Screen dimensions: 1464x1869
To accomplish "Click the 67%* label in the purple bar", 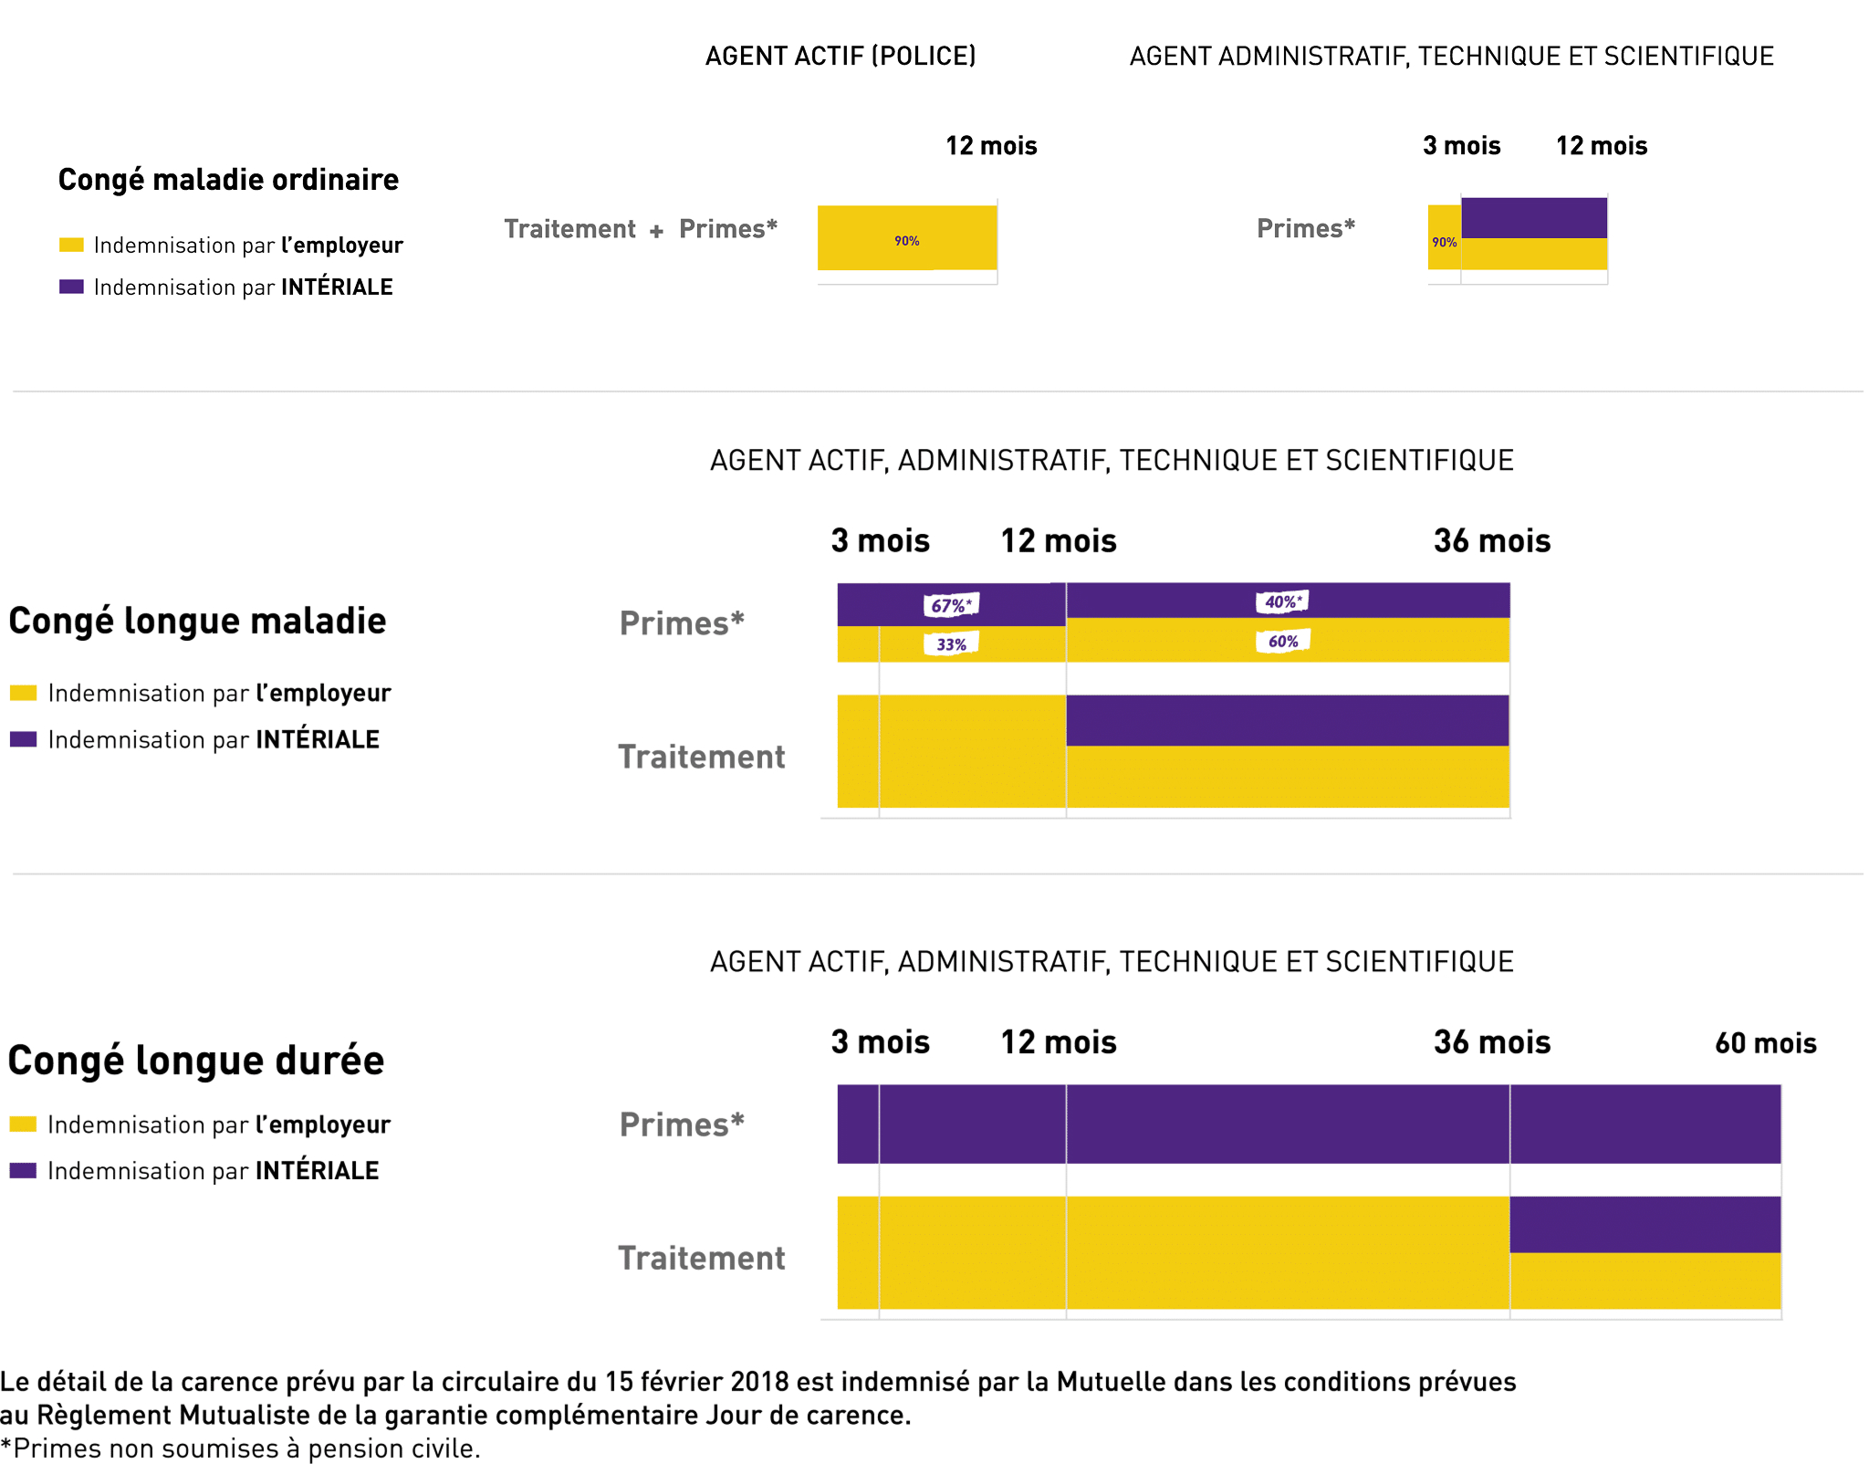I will pyautogui.click(x=951, y=605).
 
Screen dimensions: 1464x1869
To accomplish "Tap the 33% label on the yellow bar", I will pyautogui.click(x=951, y=644).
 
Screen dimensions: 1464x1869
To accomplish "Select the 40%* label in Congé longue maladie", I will pyautogui.click(x=1282, y=601).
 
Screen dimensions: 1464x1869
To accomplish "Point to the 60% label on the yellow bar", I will pyautogui.click(x=1282, y=641).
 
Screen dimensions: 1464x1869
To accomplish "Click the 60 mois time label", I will pyautogui.click(x=1765, y=1043).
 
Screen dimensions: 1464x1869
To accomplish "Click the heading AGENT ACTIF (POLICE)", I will pyautogui.click(x=841, y=57).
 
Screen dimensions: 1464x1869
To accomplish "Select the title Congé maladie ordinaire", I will pyautogui.click(x=228, y=180).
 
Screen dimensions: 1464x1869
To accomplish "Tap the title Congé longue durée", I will pyautogui.click(x=196, y=1061).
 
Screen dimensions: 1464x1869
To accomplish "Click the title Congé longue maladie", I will pyautogui.click(x=197, y=621).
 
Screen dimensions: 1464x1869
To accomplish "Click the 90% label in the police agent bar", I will pyautogui.click(x=906, y=241).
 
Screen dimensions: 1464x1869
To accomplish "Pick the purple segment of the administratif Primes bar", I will pyautogui.click(x=1533, y=218).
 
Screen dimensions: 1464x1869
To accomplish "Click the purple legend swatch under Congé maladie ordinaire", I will pyautogui.click(x=71, y=287).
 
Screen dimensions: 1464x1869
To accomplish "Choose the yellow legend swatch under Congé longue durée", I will pyautogui.click(x=23, y=1124).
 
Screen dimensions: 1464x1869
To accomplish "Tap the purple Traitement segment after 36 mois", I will pyautogui.click(x=1645, y=1224).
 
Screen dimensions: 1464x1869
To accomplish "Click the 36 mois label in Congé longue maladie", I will pyautogui.click(x=1491, y=541).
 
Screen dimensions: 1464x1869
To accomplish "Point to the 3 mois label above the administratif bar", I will pyautogui.click(x=1461, y=146).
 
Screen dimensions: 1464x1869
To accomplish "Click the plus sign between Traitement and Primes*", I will pyautogui.click(x=656, y=231).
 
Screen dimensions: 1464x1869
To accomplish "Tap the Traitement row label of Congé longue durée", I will pyautogui.click(x=701, y=1258).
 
